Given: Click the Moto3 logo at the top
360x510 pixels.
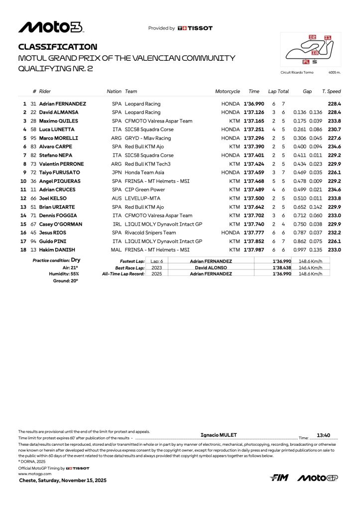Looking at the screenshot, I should (x=51, y=27).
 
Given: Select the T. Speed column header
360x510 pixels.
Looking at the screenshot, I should (x=331, y=92).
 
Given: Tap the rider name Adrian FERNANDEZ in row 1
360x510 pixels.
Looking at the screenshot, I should (x=62, y=104).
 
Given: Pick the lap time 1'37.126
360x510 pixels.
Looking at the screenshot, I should (x=253, y=113).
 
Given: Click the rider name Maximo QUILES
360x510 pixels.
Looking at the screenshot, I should (x=60, y=121).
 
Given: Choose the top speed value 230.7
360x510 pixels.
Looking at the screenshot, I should (x=334, y=129).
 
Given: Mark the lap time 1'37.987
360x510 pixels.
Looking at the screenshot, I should (x=253, y=250).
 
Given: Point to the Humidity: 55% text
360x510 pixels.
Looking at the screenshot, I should (x=63, y=274).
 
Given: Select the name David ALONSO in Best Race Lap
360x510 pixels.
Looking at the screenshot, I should (x=211, y=267).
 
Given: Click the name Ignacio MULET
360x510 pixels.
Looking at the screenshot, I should (x=218, y=435).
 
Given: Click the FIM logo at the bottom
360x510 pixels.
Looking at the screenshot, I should (x=279, y=478).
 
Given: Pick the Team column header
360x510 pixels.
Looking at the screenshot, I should (x=131, y=92).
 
